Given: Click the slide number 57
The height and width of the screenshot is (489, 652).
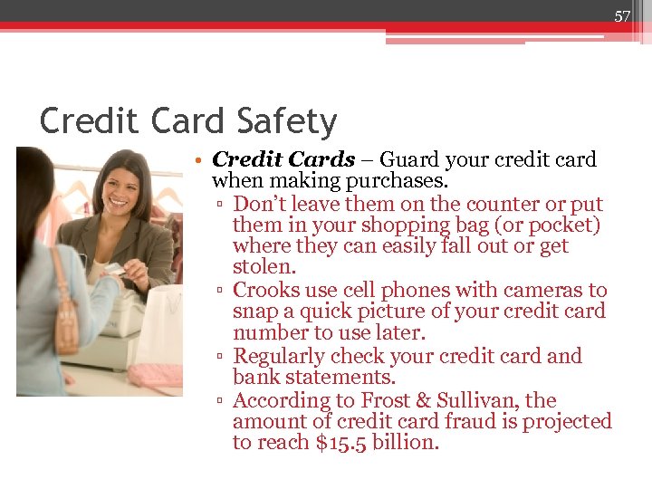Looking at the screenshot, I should coord(622,16).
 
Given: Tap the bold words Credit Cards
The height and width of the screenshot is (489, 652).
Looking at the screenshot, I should coord(283,160).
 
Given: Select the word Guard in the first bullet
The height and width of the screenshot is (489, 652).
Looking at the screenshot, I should coord(412,160).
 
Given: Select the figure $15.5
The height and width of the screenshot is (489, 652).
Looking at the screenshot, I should coord(330,444).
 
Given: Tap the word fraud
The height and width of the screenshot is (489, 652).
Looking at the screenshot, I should coord(475,422).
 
